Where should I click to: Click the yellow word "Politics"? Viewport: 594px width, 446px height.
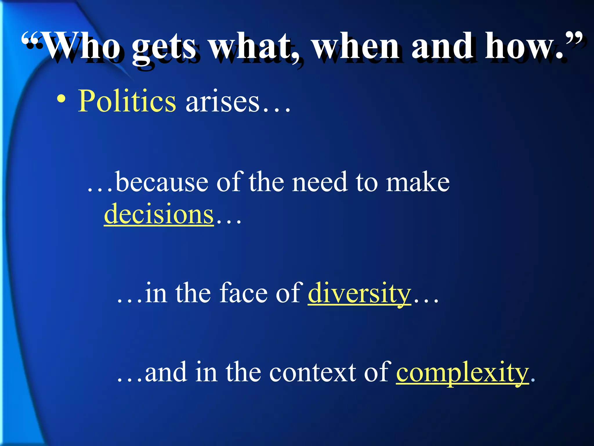[127, 101]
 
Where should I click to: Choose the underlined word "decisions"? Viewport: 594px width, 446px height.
[159, 214]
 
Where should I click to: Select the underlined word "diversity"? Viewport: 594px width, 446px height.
[359, 293]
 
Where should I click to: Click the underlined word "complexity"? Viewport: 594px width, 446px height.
[462, 373]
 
